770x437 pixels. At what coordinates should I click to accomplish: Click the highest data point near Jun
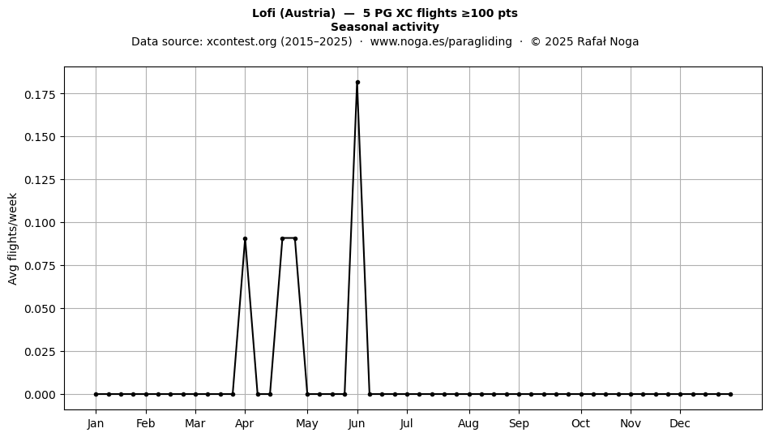pos(357,82)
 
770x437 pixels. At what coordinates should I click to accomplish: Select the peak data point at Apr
pos(245,238)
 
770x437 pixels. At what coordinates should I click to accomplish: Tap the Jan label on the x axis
pos(96,423)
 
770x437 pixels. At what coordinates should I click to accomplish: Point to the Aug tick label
pos(468,423)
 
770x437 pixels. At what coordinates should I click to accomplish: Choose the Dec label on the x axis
pos(680,423)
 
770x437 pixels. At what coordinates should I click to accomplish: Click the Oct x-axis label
pos(581,423)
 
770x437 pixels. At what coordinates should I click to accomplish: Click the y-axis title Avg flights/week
pos(13,238)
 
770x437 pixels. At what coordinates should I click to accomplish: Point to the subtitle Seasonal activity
pos(385,27)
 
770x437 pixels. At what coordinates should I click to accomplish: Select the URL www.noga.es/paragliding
pos(441,41)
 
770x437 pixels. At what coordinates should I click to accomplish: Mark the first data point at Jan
pos(96,394)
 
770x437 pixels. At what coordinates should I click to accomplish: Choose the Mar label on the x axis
pos(195,423)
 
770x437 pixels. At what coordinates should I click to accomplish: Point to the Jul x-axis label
pos(406,423)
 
